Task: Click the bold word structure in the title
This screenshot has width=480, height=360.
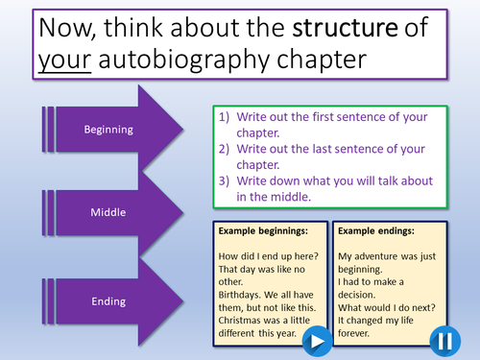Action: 339,28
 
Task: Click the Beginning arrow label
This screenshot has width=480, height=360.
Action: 108,130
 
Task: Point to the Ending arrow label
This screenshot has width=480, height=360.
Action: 108,300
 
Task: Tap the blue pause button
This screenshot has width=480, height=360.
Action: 444,340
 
